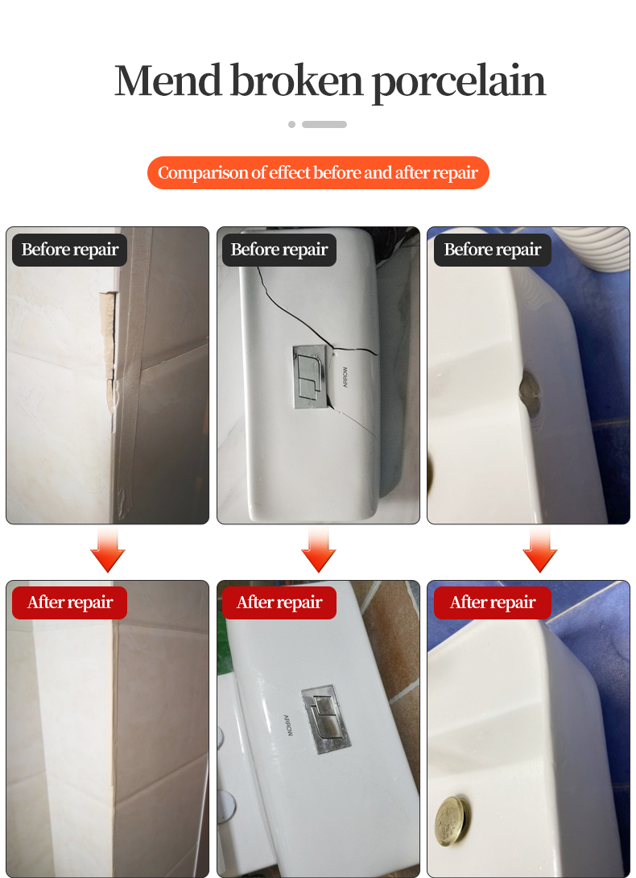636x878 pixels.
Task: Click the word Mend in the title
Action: (167, 81)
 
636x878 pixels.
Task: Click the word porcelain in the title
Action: (458, 82)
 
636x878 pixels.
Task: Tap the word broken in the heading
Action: (295, 81)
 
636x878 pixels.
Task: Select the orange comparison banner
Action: (318, 173)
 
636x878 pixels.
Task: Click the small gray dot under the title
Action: (291, 125)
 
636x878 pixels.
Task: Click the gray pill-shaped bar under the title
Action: (324, 125)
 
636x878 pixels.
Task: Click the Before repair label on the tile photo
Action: (70, 250)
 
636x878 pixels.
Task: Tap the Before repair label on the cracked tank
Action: (279, 250)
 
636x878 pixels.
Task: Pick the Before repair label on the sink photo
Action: (493, 250)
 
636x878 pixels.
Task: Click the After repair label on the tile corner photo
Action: (70, 603)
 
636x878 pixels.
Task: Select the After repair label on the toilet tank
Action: (279, 603)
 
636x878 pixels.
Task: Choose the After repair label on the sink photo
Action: (493, 603)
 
